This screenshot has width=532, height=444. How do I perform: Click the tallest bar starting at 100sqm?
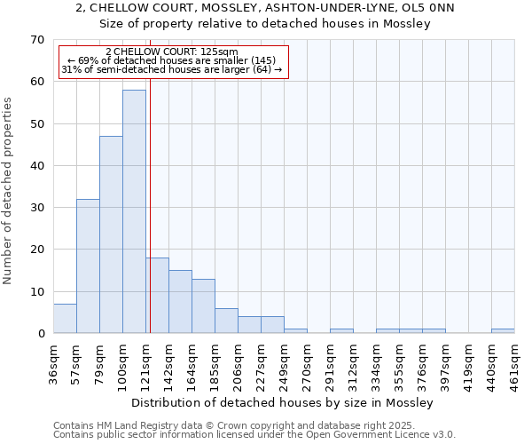[x=134, y=211]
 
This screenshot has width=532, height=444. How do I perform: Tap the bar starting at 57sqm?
[x=88, y=266]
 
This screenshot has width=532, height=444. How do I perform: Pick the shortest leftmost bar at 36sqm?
[x=65, y=318]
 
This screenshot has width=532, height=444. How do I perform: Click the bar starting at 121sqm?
[x=157, y=295]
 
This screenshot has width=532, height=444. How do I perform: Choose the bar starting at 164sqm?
[x=203, y=305]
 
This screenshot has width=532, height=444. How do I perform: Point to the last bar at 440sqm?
[x=503, y=331]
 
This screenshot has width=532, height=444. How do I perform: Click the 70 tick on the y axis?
[x=36, y=40]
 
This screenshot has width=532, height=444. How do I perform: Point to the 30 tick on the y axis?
[x=36, y=208]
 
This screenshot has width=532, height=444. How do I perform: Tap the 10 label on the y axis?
[x=36, y=291]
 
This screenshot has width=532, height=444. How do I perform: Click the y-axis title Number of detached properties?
[x=9, y=191]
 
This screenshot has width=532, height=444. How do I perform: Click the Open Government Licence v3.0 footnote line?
[x=254, y=435]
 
